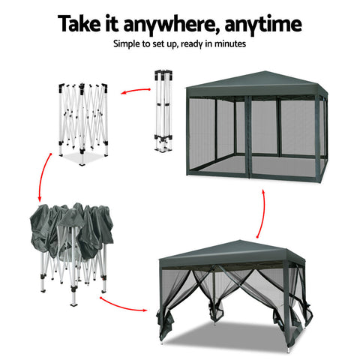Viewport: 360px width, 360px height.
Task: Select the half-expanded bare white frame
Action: [x=82, y=120]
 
